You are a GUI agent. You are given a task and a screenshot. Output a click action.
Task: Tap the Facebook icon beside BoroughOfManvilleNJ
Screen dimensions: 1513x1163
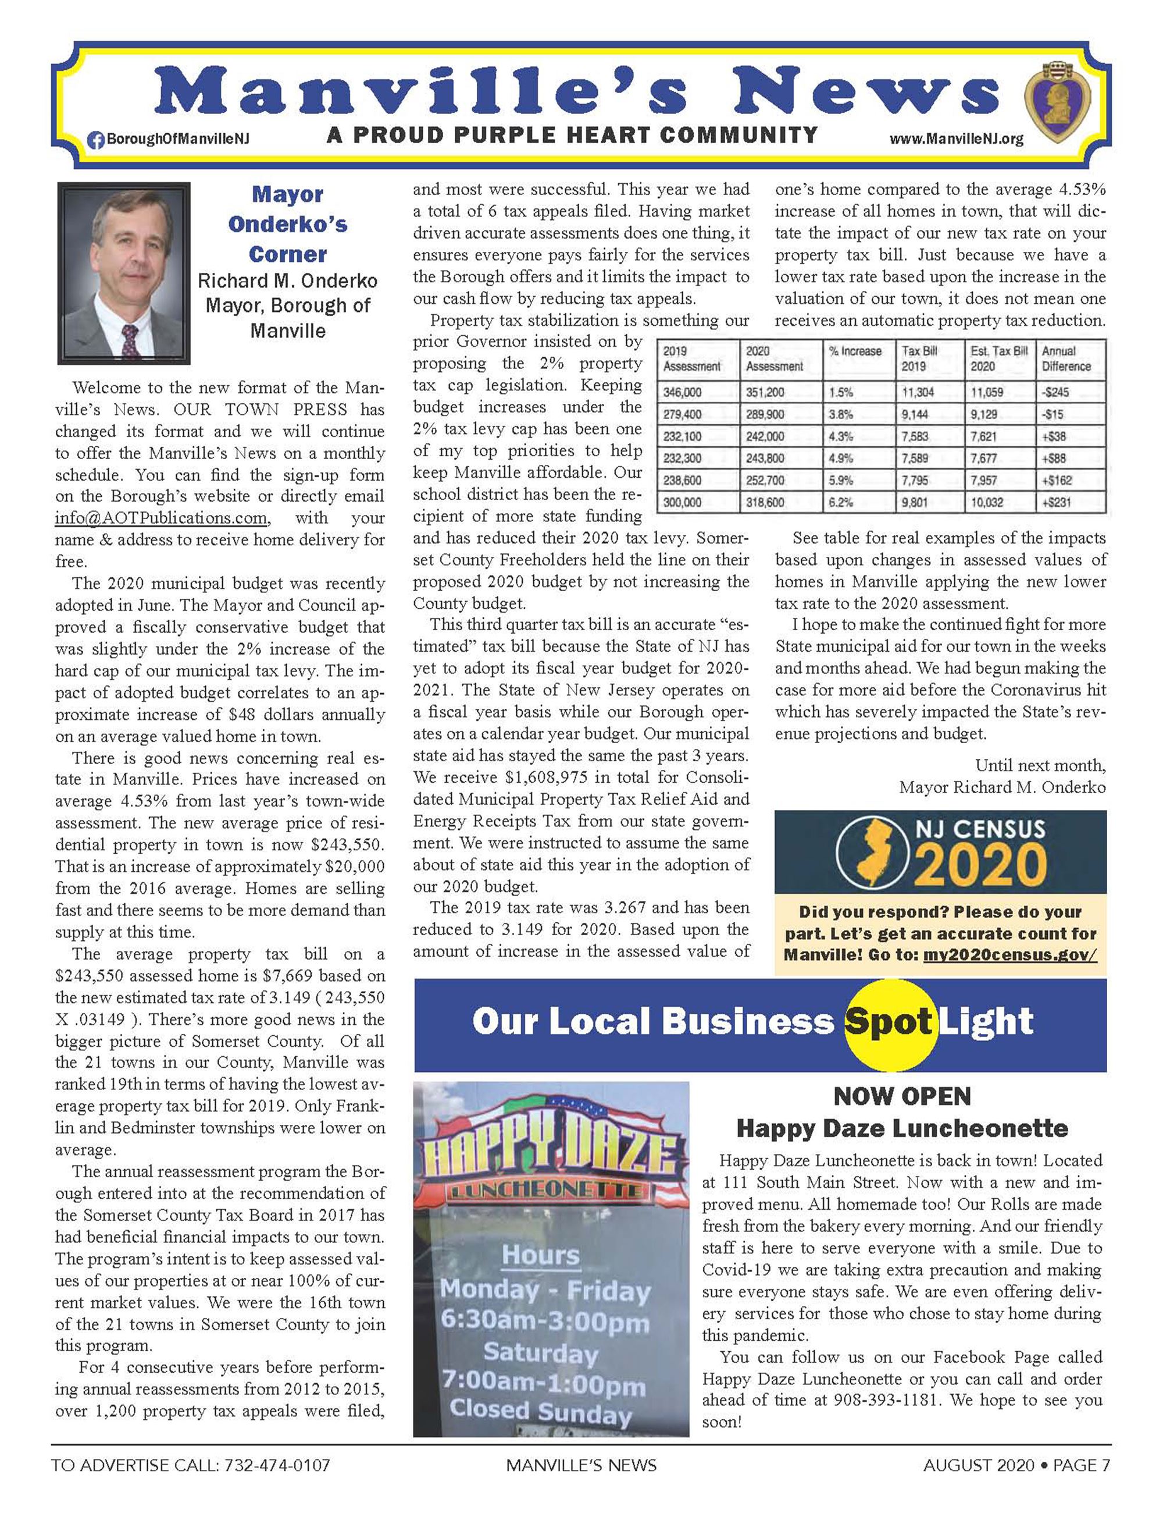[96, 139]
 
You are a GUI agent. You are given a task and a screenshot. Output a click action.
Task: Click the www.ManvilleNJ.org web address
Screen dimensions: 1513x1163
[956, 139]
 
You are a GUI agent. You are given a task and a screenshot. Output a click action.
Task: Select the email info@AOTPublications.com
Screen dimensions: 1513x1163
[161, 518]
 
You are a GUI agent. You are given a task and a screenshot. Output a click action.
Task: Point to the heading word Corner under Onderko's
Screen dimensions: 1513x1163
[287, 254]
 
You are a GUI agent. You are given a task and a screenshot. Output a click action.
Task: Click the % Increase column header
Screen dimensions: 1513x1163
[855, 351]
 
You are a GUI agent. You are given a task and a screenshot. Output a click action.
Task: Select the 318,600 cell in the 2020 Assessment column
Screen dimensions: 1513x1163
[764, 502]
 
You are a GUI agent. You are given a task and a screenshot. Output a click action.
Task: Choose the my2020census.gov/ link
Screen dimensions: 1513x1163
[1009, 954]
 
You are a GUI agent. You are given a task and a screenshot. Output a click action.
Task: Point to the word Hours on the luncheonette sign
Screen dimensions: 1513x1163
[540, 1255]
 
